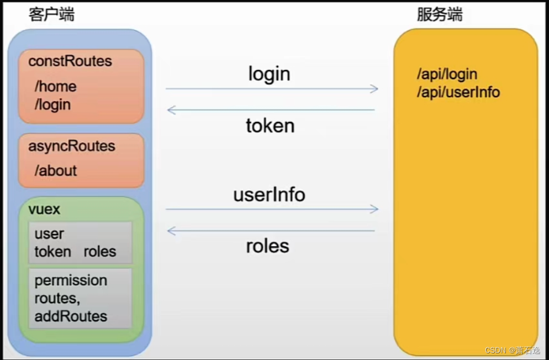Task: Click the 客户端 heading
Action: point(51,15)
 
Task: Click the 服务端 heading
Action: point(440,15)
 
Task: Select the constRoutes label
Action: point(70,61)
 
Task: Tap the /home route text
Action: point(55,87)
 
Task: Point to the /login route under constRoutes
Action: point(53,104)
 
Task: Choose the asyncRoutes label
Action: point(72,146)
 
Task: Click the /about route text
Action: point(56,171)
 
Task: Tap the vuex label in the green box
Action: point(44,210)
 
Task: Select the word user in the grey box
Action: point(49,234)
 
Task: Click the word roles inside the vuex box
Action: point(100,252)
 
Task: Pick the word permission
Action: point(71,280)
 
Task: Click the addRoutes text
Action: point(71,316)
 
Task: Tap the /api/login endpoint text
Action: point(447,75)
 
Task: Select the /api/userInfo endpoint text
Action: point(458,92)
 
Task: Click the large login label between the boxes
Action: point(269,73)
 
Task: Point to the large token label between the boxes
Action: point(270,126)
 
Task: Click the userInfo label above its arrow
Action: point(269,194)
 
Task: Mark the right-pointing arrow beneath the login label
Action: point(272,89)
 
